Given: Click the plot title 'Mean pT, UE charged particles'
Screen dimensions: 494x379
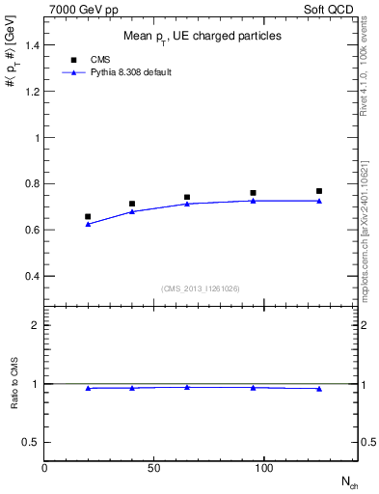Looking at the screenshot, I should pyautogui.click(x=202, y=37).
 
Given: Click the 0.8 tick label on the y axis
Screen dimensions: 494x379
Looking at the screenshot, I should pyautogui.click(x=31, y=183).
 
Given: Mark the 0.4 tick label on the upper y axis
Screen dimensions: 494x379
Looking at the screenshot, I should pyautogui.click(x=31, y=276).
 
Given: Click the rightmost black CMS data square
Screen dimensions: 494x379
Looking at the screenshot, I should pyautogui.click(x=319, y=191).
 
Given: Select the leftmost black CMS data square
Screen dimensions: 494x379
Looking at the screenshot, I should pyautogui.click(x=88, y=217).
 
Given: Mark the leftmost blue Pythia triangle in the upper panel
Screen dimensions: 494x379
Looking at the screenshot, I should pyautogui.click(x=88, y=224).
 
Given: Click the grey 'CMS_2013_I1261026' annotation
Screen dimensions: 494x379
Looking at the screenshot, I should pyautogui.click(x=201, y=288).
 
